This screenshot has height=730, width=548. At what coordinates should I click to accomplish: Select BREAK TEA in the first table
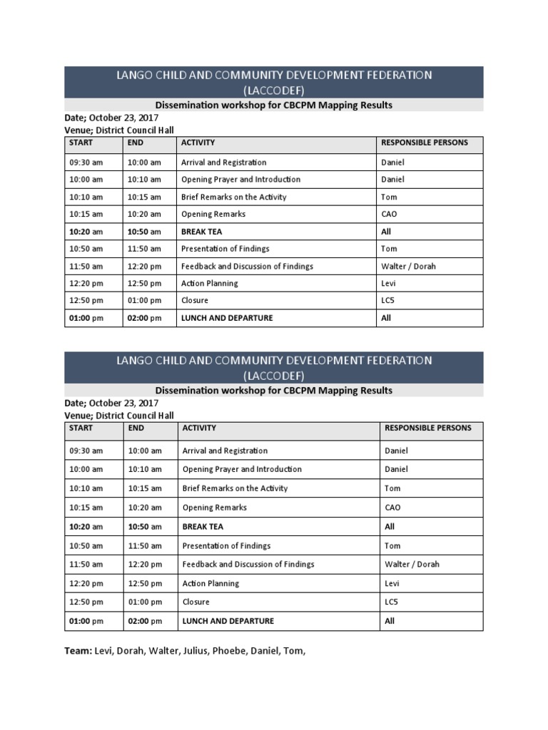(202, 232)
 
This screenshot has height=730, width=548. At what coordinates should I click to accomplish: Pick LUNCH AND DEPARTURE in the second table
(228, 621)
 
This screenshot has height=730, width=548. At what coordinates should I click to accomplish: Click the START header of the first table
(81, 143)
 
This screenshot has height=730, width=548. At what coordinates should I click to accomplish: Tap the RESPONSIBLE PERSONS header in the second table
(427, 428)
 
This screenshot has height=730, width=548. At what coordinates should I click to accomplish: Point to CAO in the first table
(390, 214)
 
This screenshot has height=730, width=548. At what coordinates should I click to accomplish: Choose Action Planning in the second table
(210, 583)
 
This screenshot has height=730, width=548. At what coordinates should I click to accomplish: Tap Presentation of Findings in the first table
(225, 249)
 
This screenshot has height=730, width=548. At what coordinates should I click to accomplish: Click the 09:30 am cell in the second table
(86, 451)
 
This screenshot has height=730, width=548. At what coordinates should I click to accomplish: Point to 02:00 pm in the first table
(144, 318)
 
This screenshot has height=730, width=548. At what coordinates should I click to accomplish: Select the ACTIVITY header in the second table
(199, 428)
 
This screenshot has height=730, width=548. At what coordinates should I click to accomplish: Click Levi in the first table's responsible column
(389, 283)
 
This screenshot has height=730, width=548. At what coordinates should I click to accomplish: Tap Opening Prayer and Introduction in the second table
(242, 469)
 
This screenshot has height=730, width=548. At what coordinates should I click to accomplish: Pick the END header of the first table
(136, 143)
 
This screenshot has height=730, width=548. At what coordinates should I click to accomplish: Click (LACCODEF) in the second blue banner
(274, 375)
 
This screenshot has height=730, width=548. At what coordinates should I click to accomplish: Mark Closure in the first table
(195, 300)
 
